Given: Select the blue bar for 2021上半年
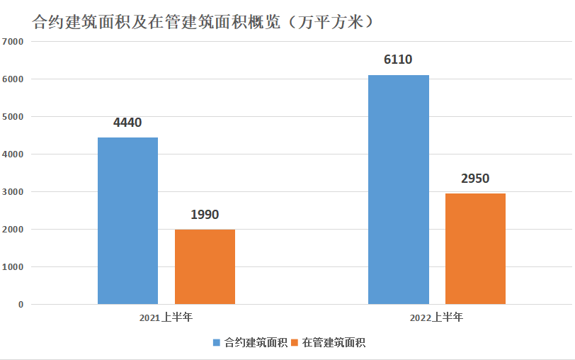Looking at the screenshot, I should click(x=127, y=220).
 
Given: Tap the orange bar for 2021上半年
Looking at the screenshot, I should click(x=205, y=266).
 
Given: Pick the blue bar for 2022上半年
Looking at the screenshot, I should click(x=398, y=189).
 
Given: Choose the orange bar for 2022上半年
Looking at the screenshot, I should click(x=475, y=249).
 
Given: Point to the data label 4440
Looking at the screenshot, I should click(x=127, y=123).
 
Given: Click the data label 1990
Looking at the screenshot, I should click(x=205, y=214).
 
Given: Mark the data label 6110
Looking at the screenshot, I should click(x=398, y=60).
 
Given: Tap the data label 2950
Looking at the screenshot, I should click(x=475, y=179).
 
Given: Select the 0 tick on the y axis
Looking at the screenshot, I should click(x=21, y=305).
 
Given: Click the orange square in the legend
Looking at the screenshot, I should click(x=295, y=343).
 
